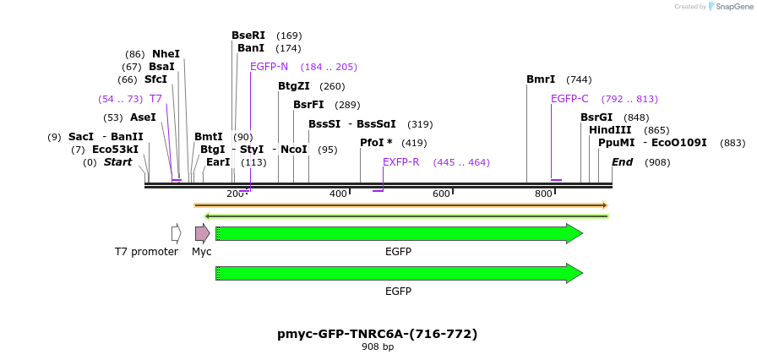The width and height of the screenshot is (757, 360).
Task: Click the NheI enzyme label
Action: click(166, 54)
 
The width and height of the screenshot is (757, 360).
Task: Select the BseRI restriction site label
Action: click(248, 35)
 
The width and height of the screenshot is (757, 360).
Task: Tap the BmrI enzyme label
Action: click(541, 79)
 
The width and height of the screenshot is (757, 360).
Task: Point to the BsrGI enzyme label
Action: click(596, 117)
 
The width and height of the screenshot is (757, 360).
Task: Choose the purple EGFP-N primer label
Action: click(269, 67)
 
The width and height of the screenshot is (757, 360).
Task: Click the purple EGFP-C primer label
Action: click(569, 99)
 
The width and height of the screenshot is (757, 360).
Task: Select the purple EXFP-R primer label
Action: click(401, 162)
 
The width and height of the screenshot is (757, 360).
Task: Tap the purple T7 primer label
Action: click(155, 99)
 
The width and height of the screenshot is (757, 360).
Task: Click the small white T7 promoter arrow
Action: click(176, 233)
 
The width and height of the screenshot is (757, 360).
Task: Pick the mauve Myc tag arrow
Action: click(202, 233)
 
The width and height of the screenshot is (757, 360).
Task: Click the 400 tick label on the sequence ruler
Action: click(338, 194)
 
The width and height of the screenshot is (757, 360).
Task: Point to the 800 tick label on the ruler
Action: click(543, 194)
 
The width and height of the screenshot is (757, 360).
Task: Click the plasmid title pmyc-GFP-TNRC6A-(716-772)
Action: click(377, 334)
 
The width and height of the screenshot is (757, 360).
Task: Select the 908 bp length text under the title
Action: click(377, 347)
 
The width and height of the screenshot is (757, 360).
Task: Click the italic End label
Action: click(622, 162)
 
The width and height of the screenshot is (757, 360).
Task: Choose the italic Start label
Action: click(117, 162)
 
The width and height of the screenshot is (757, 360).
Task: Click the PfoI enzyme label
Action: click(376, 143)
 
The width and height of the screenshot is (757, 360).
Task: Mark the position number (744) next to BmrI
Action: click(579, 79)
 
